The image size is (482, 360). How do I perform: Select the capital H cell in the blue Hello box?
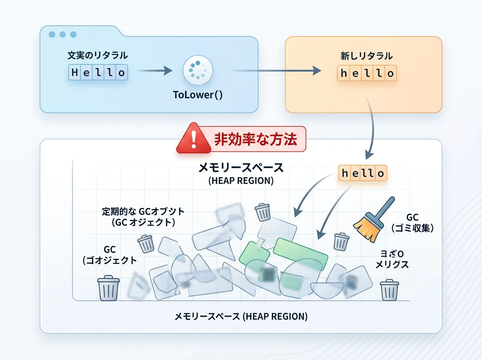[75, 73]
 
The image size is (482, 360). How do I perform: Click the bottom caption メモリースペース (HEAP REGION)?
[241, 317]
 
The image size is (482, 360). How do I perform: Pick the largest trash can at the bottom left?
[108, 288]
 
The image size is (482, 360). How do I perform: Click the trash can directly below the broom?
[341, 241]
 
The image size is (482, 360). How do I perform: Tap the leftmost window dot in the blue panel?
[52, 35]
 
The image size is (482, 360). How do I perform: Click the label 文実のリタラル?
[98, 56]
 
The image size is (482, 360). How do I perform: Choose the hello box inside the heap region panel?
[362, 174]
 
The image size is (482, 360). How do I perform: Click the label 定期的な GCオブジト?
[143, 211]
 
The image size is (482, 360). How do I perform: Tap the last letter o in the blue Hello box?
[121, 73]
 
